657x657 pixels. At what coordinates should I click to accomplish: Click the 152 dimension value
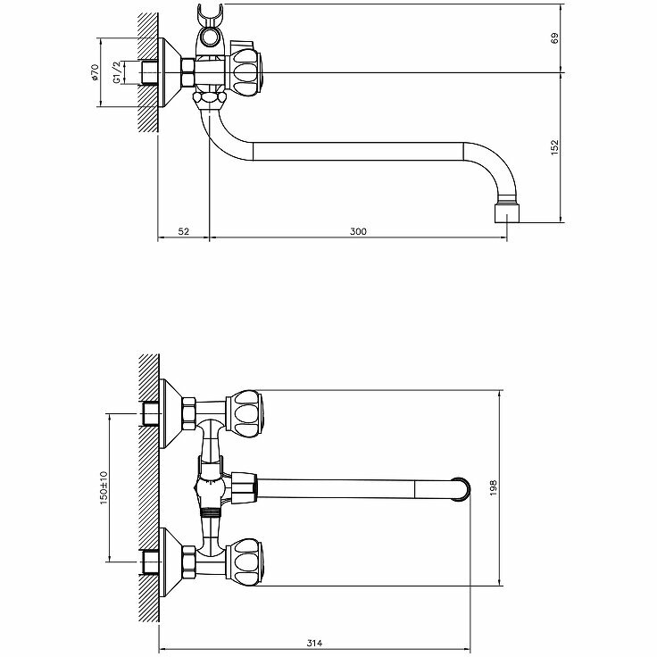click(x=554, y=146)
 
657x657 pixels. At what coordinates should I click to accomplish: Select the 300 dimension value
click(x=358, y=231)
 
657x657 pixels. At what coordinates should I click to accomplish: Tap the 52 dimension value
click(x=184, y=231)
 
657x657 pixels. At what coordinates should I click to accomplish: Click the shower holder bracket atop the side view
click(x=209, y=32)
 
